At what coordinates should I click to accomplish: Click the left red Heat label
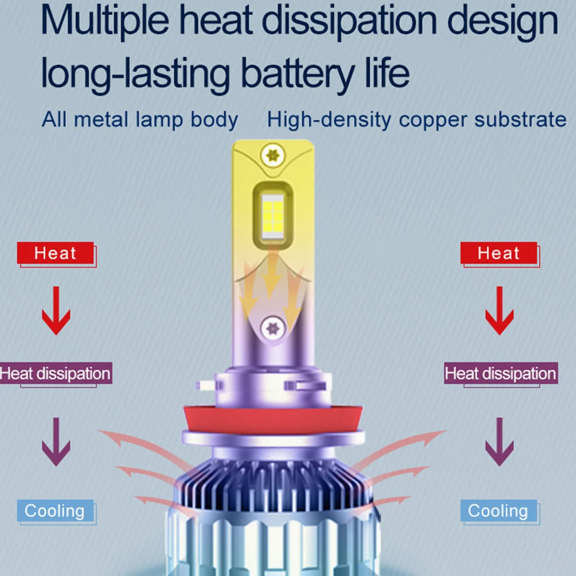tap(56, 253)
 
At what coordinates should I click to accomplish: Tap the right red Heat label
tap(499, 253)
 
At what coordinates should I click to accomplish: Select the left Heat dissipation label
tap(56, 373)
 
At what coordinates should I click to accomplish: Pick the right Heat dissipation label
tap(501, 373)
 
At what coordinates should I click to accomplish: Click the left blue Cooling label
tap(55, 510)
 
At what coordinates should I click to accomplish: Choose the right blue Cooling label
tap(499, 510)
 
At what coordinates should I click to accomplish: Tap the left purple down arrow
tap(56, 442)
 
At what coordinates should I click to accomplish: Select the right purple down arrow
tap(500, 442)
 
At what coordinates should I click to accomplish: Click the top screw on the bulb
tap(273, 156)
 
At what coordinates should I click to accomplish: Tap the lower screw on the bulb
tap(273, 328)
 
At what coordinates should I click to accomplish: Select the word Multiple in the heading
tap(105, 21)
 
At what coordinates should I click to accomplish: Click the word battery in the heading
tap(298, 73)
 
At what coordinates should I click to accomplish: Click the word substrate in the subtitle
tap(520, 119)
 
